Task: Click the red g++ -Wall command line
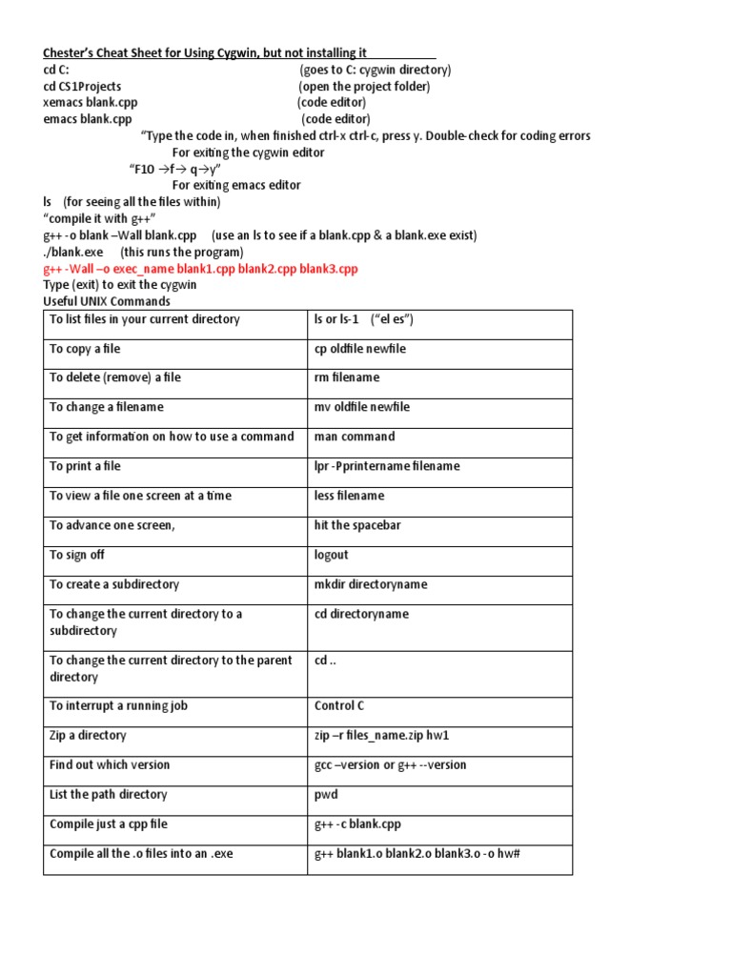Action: click(200, 269)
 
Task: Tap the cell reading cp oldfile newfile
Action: click(359, 349)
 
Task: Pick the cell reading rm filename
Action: click(346, 377)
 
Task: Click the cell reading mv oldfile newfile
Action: click(361, 407)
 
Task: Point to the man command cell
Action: click(354, 437)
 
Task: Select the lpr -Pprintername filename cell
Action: click(386, 466)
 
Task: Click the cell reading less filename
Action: click(349, 496)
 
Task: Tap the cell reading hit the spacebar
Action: click(355, 525)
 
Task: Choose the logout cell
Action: click(331, 555)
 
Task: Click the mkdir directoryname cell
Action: click(370, 584)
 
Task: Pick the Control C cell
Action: click(338, 706)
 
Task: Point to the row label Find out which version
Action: click(110, 764)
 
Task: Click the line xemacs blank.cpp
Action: click(88, 102)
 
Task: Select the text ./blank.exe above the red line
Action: click(72, 253)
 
